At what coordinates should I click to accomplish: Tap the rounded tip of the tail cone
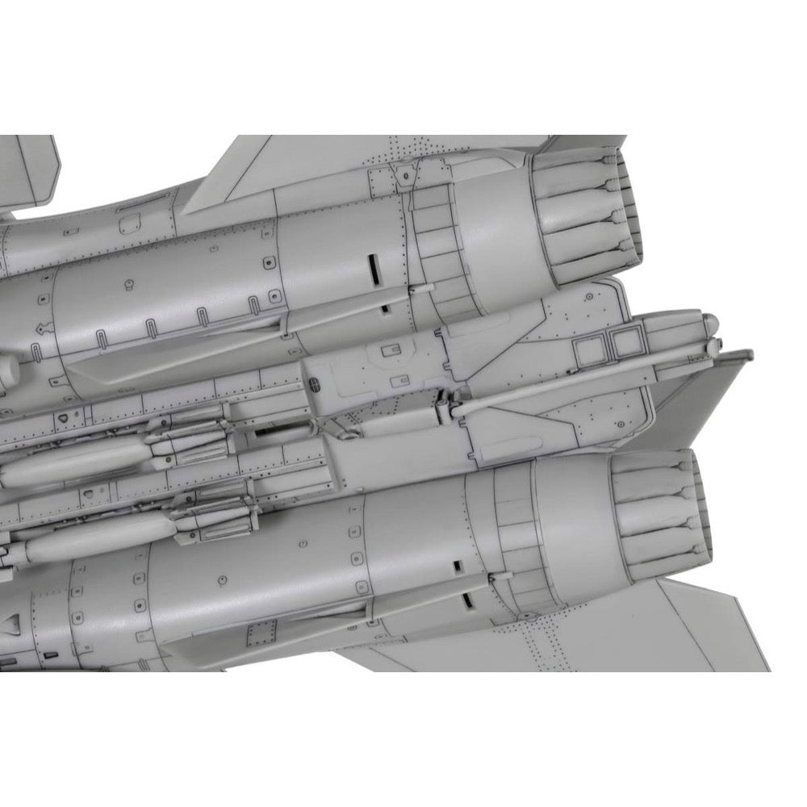pyautogui.click(x=710, y=324)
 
